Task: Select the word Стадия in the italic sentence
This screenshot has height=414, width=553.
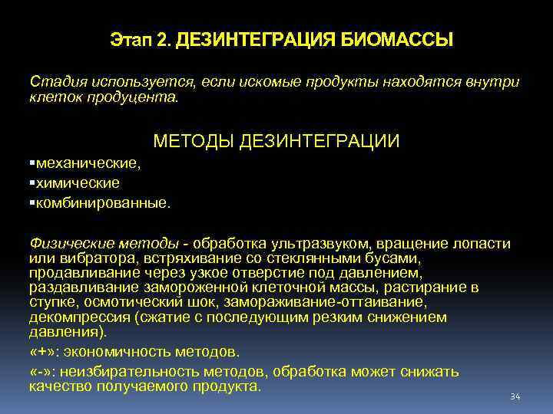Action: (x=58, y=81)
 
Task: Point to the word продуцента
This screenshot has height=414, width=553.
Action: (x=139, y=97)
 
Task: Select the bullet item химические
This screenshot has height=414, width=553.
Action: (x=78, y=182)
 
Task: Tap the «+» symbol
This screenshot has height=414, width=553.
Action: (x=42, y=352)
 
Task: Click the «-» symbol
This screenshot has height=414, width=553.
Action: (x=41, y=372)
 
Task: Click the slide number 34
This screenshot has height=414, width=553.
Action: (x=515, y=396)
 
